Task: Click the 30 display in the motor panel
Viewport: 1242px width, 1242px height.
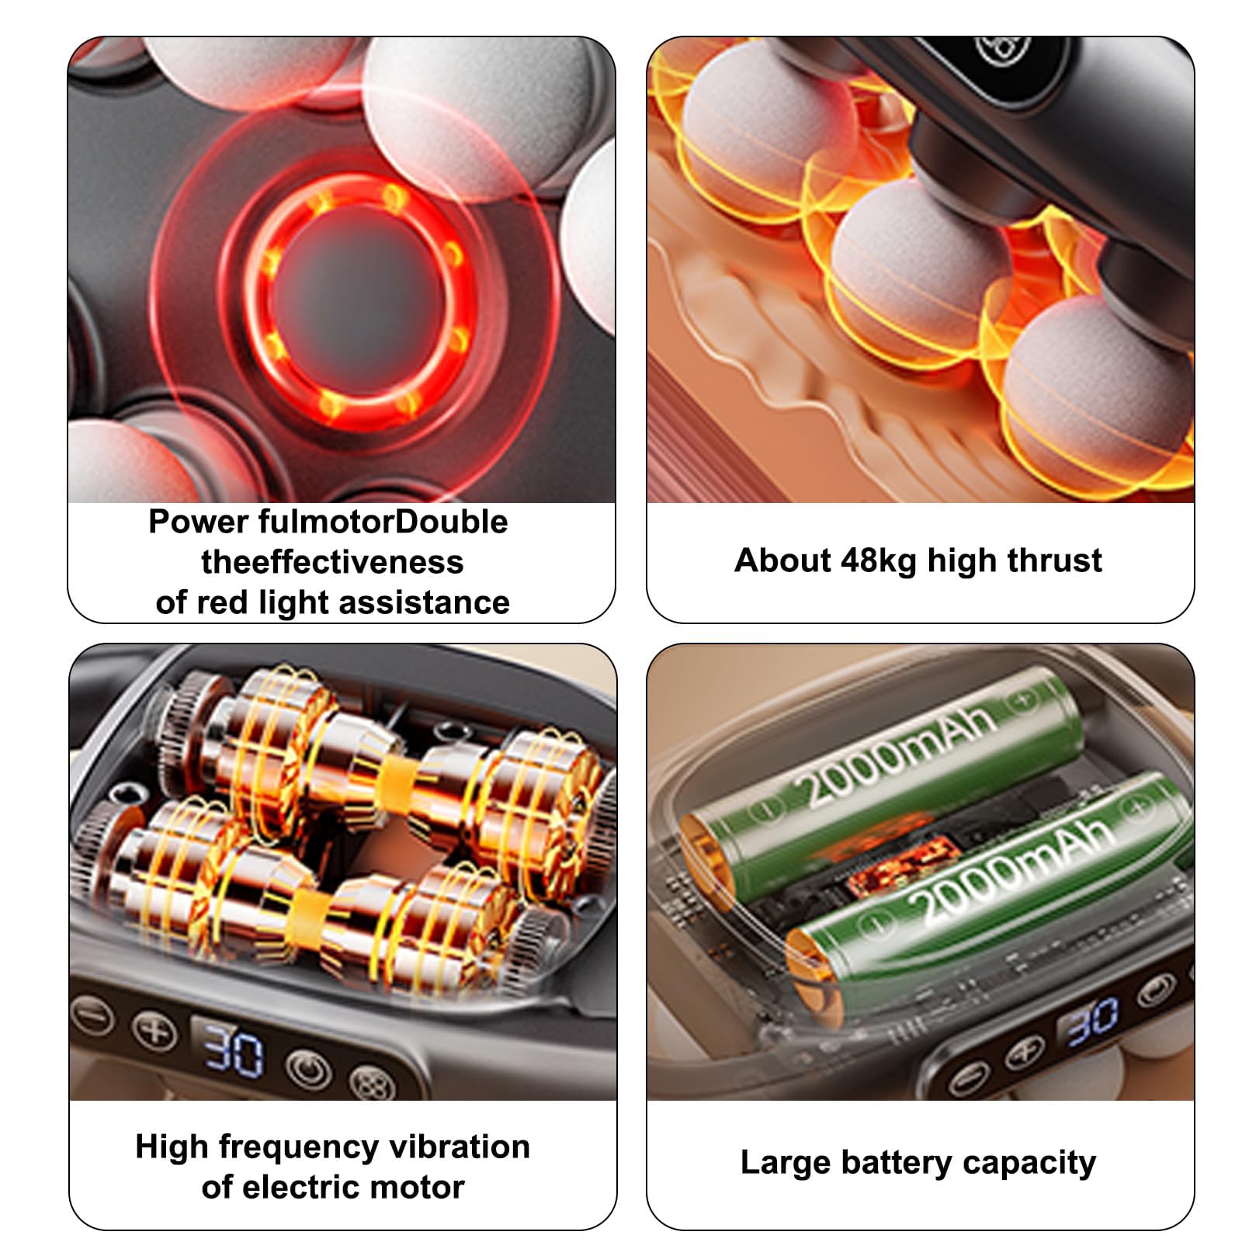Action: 232,1051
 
